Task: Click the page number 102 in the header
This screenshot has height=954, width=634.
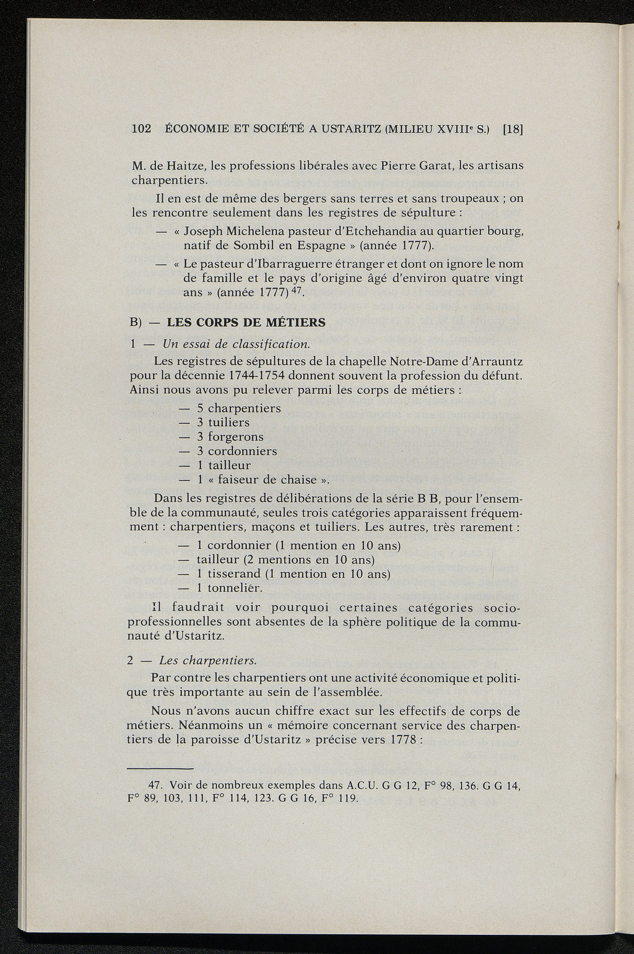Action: coord(142,129)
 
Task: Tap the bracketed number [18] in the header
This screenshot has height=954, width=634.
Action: coord(513,129)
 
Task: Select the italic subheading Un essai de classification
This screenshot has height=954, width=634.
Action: coord(236,344)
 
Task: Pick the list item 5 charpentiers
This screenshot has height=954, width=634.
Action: coord(239,408)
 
